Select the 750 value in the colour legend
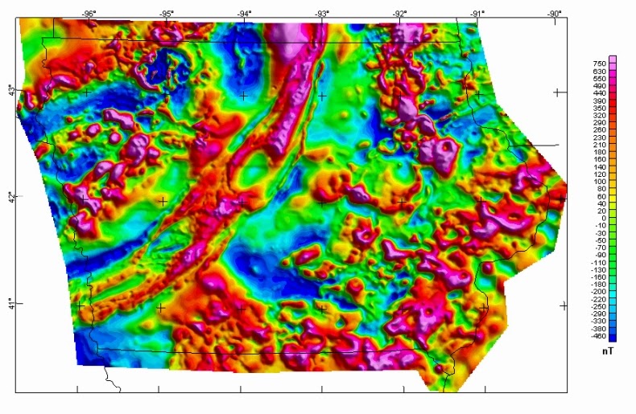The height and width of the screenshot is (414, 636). (600, 64)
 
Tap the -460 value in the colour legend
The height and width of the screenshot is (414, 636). (600, 336)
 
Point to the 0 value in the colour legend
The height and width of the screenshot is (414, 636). (600, 218)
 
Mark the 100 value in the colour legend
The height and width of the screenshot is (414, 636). (600, 182)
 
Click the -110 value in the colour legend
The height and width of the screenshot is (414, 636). (600, 262)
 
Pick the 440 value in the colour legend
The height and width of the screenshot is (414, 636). (600, 93)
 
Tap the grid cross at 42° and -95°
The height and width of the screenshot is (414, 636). (163, 201)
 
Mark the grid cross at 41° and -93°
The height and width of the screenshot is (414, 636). (322, 308)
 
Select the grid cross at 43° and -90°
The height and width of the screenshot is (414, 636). (556, 92)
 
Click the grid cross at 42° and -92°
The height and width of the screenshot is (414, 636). (401, 201)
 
